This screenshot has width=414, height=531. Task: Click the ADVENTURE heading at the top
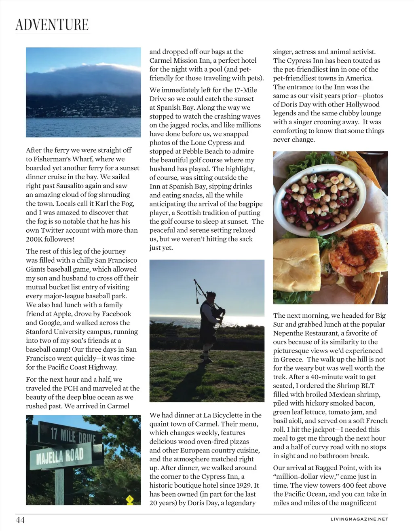[x=52, y=25]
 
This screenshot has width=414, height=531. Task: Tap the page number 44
[x=20, y=520]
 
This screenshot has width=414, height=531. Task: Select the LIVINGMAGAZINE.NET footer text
[x=359, y=519]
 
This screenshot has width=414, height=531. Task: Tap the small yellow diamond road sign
[x=129, y=499]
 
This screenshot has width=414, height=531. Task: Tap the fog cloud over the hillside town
[x=83, y=81]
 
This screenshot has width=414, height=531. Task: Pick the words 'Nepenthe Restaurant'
[x=306, y=333]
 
